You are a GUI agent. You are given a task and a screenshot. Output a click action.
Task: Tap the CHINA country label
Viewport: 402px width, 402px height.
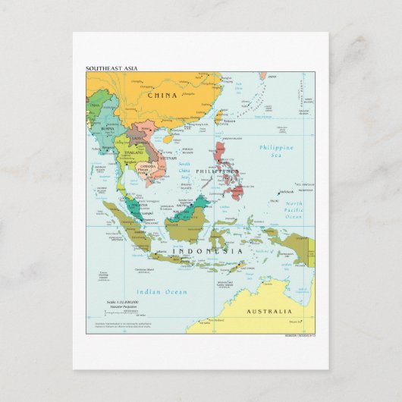(163, 96)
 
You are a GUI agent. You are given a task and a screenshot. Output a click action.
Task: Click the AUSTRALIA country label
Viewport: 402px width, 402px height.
(269, 312)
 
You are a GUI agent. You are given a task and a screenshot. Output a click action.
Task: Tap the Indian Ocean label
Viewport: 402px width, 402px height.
(161, 292)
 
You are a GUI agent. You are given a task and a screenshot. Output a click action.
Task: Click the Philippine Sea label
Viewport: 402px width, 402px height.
(276, 151)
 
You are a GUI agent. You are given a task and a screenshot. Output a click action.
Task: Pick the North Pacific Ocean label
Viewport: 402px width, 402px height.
(294, 210)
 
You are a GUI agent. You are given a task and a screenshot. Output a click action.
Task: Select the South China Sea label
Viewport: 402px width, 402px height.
(184, 171)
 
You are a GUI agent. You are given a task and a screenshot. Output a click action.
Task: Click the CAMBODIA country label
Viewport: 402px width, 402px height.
(146, 165)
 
